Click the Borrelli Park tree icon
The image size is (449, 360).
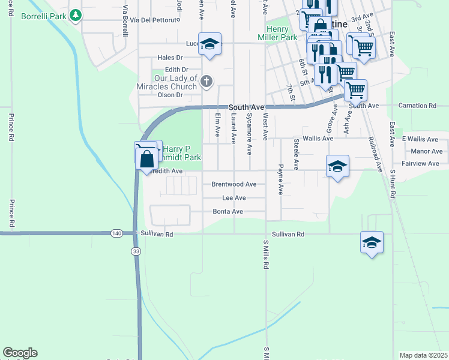pos(76,14)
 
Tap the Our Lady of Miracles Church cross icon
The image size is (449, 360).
pos(206,81)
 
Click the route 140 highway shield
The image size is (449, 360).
pos(116,233)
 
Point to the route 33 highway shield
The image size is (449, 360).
pos(136,251)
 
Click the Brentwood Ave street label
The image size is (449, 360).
pos(234,184)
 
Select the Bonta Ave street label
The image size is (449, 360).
pos(228,211)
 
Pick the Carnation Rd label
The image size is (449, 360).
pos(417,106)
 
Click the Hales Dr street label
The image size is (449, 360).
pos(169,58)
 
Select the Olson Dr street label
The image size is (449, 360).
pos(169,95)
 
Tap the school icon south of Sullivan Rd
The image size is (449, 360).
pos(372,242)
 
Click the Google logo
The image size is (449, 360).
pos(20,353)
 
